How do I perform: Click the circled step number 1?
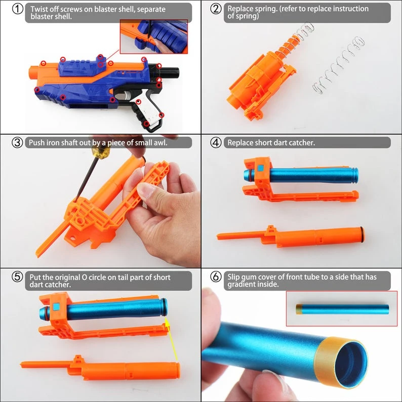point(17,10)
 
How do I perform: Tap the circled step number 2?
point(216,10)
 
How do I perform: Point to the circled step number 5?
point(17,277)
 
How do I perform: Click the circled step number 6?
point(216,277)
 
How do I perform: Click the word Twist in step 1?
point(39,9)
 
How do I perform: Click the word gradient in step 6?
point(242,285)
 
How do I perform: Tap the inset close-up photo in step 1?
point(153,36)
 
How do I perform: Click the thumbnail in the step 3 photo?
point(147,191)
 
